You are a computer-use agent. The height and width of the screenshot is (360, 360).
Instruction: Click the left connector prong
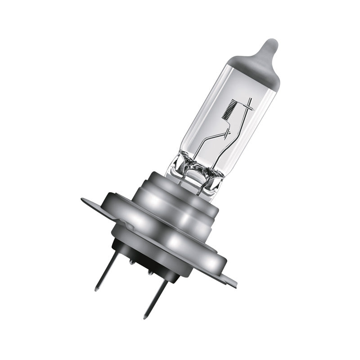click(x=107, y=270)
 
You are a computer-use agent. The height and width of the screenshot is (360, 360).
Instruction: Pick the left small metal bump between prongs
click(x=130, y=261)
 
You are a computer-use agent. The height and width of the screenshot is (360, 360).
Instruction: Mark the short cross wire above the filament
click(x=247, y=108)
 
